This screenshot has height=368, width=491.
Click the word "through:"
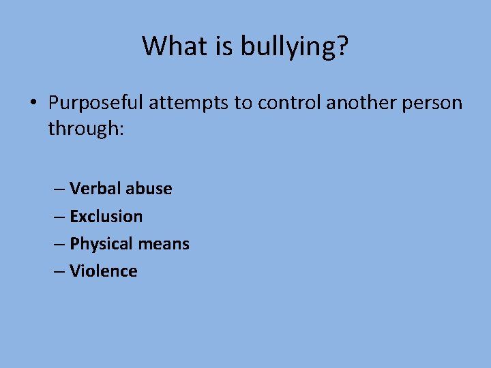(85, 128)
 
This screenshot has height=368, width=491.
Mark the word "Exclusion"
(106, 217)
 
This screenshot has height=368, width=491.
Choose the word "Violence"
(104, 271)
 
